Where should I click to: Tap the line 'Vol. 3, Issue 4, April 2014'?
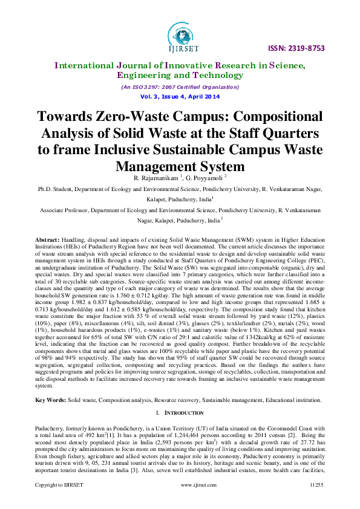point(180,97)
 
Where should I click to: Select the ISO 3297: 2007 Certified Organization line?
point(180,87)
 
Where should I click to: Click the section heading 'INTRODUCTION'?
point(184,412)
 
